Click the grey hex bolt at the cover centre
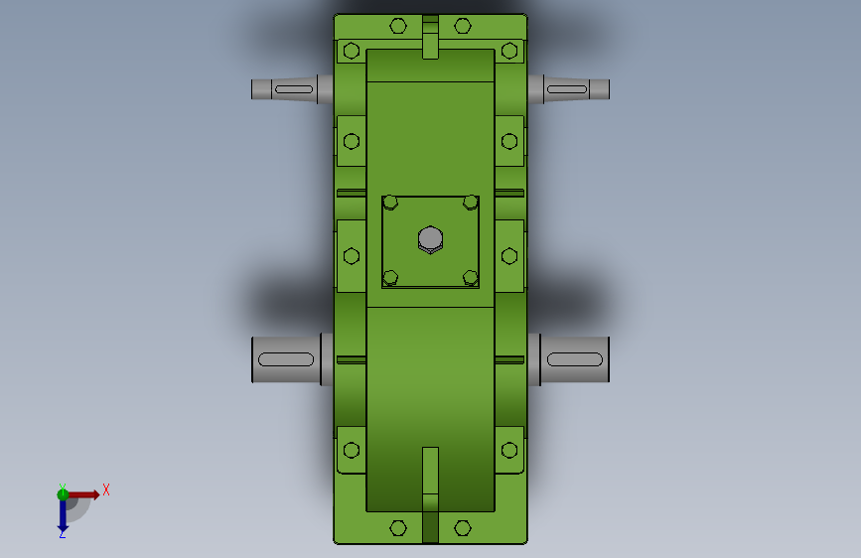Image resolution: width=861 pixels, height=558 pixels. click(430, 239)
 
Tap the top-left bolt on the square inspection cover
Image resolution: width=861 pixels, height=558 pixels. click(390, 203)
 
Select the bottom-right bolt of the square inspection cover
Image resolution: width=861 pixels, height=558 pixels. click(470, 278)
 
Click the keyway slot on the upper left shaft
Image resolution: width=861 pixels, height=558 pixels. click(294, 89)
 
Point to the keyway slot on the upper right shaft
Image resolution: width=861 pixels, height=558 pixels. click(567, 89)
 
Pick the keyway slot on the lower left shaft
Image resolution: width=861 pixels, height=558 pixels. click(286, 359)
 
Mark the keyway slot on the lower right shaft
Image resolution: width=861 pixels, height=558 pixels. click(575, 359)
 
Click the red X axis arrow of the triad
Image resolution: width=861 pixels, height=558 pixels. click(82, 494)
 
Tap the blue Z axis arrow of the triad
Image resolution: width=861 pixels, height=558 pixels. click(63, 514)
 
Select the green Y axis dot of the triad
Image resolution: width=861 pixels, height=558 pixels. click(63, 494)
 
